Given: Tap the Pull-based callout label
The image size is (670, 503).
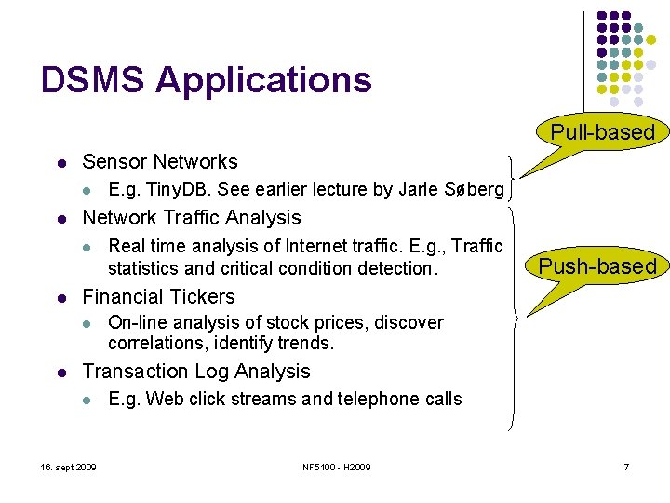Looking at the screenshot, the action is click(603, 132).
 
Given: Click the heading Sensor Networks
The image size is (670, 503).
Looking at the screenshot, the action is click(160, 161).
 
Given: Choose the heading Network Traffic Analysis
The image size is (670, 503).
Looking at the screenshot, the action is click(192, 218).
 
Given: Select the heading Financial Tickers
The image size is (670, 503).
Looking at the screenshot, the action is click(158, 297).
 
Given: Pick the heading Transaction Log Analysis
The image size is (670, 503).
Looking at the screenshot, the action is click(196, 372).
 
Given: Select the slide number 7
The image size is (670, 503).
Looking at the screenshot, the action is click(626, 466).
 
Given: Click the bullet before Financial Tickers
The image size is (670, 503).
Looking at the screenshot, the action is click(60, 298).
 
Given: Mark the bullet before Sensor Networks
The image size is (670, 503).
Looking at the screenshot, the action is click(60, 162).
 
